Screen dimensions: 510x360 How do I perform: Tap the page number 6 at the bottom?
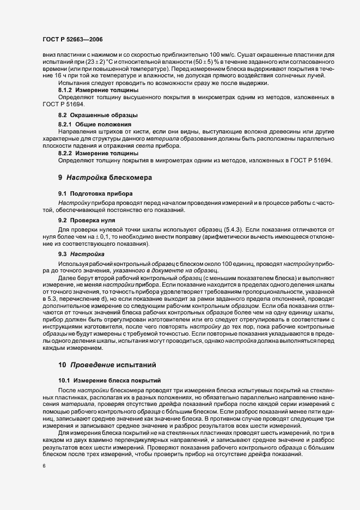coord(44,466)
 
